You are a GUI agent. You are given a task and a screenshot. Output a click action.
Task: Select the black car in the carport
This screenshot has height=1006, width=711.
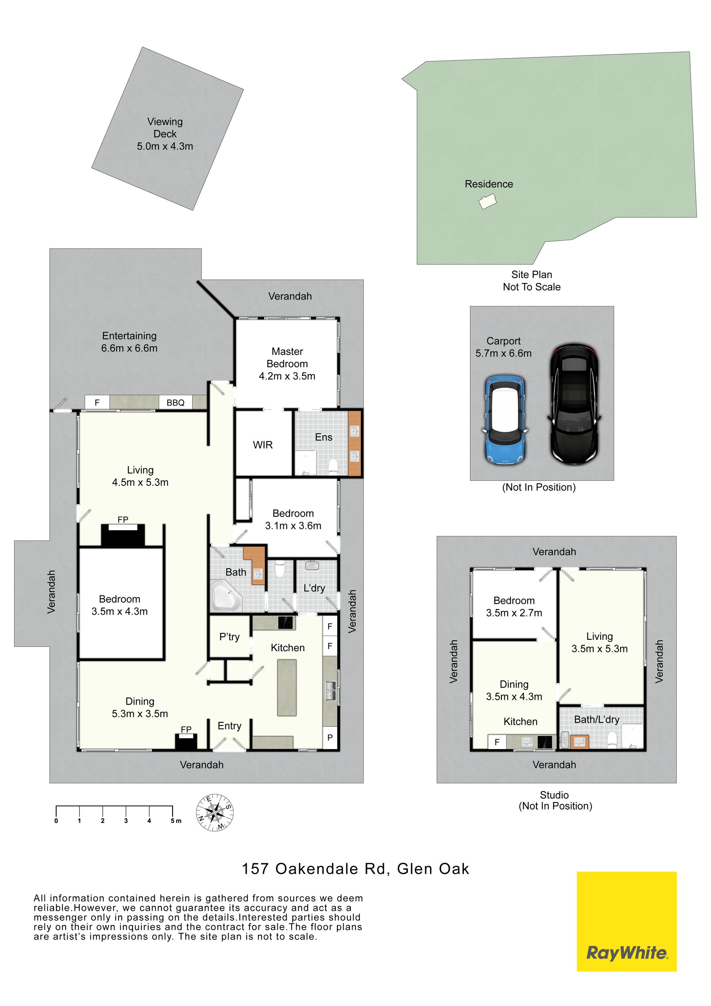575,404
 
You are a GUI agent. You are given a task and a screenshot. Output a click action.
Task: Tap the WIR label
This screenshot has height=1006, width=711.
263,445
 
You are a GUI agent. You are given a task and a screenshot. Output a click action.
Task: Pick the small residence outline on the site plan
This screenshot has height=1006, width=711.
487,203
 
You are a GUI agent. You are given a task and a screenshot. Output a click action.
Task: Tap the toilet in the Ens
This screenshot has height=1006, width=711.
332,466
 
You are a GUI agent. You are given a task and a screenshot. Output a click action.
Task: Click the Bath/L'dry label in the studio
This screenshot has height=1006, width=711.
597,719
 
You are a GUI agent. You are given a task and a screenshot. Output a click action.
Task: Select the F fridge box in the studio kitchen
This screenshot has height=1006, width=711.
497,742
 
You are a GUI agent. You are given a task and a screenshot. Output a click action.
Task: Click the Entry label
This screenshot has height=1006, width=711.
229,726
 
